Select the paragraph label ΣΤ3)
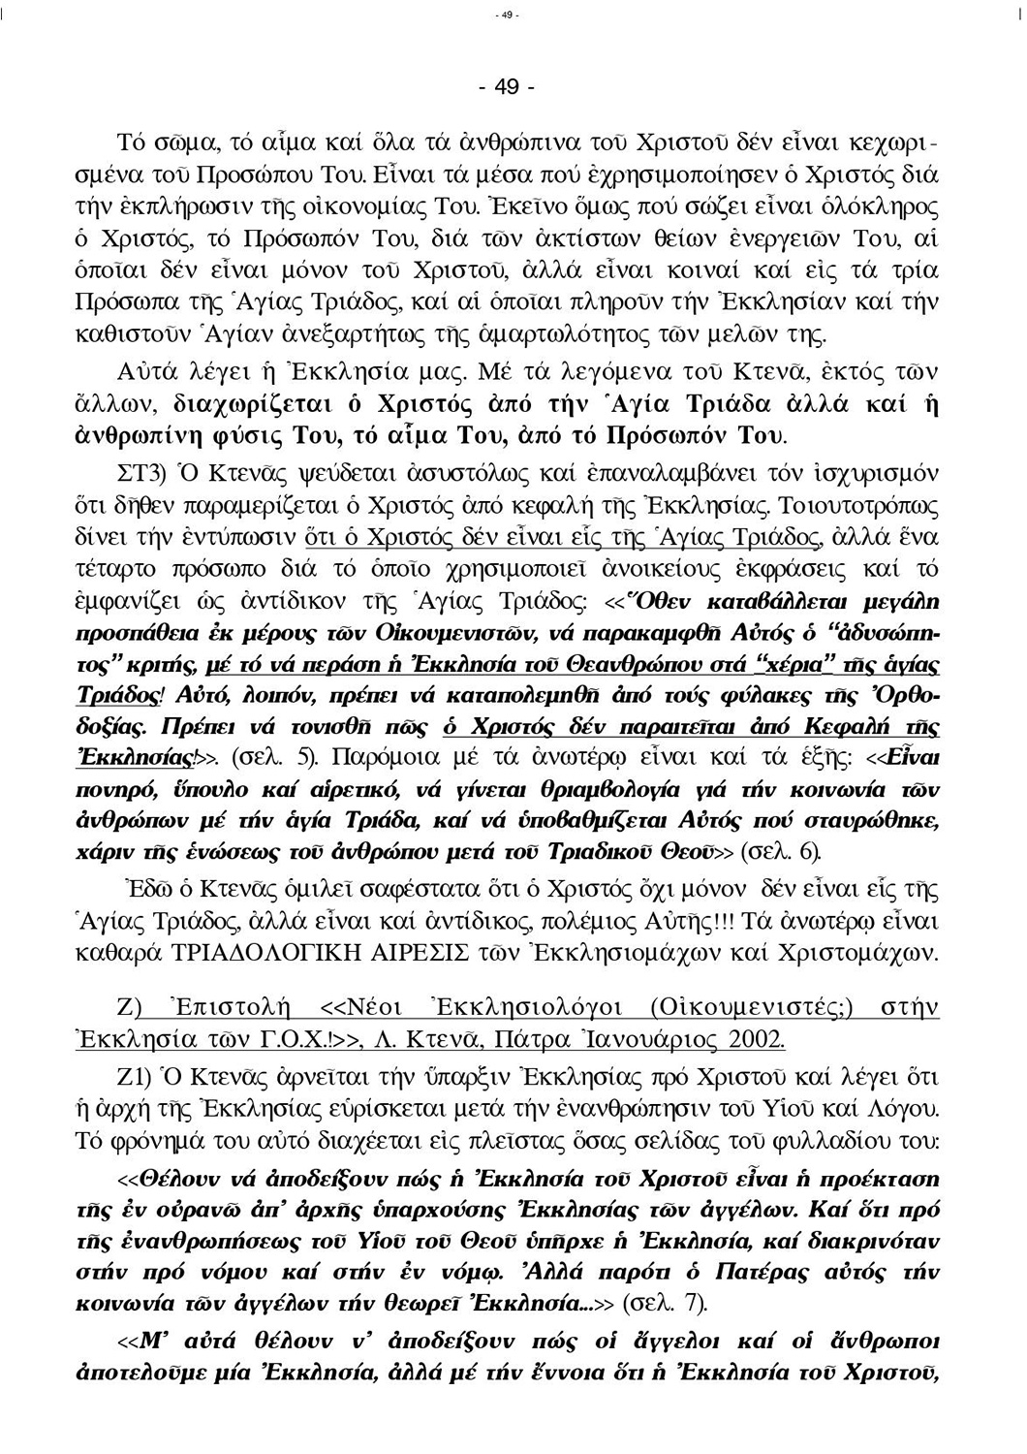click(143, 473)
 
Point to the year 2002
click(752, 1039)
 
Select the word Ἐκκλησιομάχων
click(704, 951)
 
